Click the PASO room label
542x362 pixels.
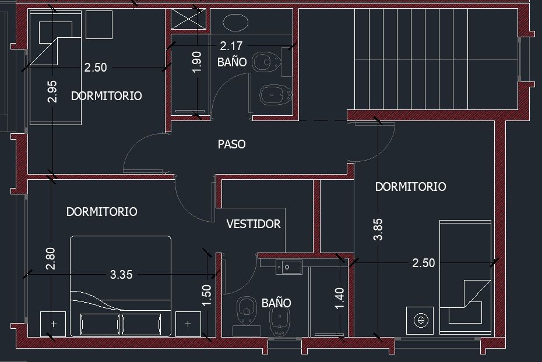click(231, 144)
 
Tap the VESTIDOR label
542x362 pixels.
click(254, 224)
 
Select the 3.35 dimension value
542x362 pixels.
click(121, 275)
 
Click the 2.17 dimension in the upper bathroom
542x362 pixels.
click(231, 46)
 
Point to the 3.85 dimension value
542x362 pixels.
click(378, 229)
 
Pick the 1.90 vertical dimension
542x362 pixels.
click(196, 62)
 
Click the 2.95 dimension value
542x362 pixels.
click(52, 91)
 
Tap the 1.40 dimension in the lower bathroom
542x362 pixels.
click(340, 298)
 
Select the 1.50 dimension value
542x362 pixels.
click(206, 296)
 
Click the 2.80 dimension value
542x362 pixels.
click(51, 258)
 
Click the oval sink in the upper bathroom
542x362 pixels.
click(235, 23)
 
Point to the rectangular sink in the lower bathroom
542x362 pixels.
click(289, 267)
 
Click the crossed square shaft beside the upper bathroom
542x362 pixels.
click(188, 19)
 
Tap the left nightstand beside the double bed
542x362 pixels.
click(53, 324)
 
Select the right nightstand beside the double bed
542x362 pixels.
click(188, 324)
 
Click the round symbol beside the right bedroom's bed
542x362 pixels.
click(421, 320)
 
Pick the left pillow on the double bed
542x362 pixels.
click(100, 324)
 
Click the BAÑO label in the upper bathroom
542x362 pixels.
click(232, 62)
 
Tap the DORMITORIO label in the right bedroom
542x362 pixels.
click(411, 187)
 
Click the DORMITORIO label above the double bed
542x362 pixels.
click(101, 211)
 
